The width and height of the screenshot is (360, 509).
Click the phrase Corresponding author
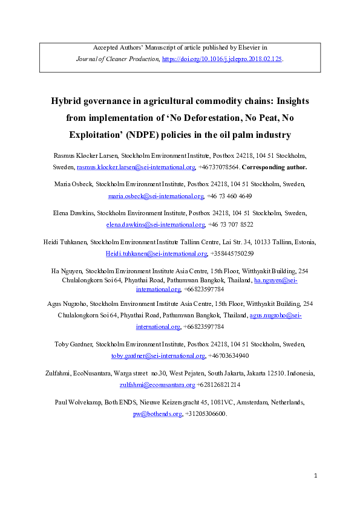click(275, 167)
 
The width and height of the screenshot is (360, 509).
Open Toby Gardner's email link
click(157, 355)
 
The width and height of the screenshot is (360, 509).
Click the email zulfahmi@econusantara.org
click(158, 384)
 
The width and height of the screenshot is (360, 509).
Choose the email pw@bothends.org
click(157, 413)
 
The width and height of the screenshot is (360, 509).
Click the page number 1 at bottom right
click(316, 476)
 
